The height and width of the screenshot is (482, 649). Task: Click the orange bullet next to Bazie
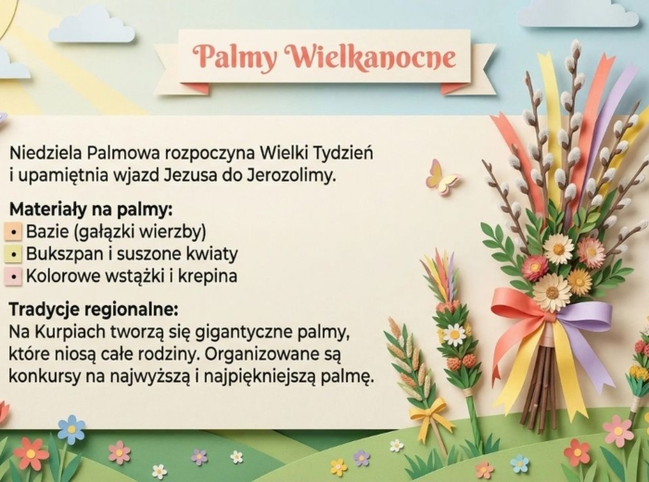15,232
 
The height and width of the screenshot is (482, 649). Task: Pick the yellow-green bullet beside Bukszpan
15,254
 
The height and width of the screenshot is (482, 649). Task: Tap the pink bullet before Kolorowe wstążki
15,276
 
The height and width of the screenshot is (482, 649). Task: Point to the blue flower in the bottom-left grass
70,428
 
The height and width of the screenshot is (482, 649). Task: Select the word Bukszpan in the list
62,254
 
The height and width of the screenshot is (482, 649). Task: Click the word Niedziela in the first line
43,152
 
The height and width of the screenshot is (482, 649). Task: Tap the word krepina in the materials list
205,276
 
